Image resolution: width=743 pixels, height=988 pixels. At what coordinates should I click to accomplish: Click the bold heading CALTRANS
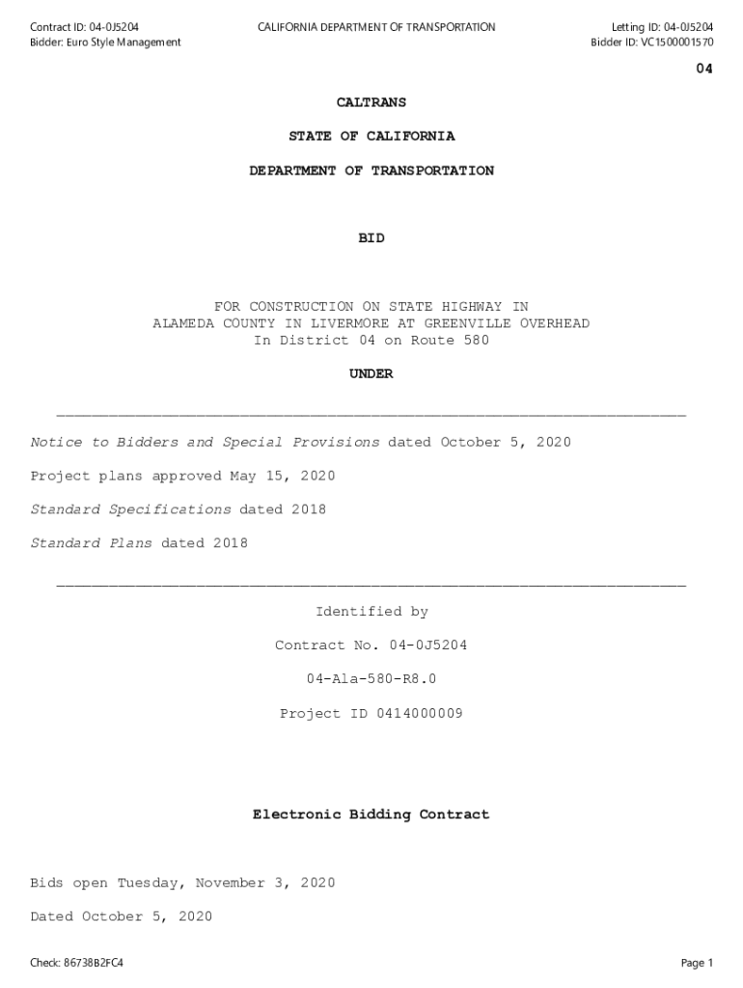point(371,102)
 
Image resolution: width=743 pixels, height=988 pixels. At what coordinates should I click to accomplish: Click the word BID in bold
point(371,238)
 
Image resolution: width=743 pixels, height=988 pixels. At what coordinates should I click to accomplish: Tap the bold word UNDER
point(371,374)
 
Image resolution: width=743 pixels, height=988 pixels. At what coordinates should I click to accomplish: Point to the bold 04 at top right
point(704,69)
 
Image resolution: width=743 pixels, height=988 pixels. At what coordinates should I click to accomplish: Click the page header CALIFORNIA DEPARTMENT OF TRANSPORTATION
point(376,27)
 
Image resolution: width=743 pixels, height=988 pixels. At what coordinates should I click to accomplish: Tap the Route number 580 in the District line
point(476,341)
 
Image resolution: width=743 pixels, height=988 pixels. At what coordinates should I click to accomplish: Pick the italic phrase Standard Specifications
point(130,510)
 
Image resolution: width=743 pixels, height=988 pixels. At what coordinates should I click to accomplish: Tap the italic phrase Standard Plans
point(91,544)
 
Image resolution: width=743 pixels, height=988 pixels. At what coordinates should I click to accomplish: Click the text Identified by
point(371,612)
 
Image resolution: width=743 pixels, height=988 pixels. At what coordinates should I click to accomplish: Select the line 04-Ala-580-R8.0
point(371,679)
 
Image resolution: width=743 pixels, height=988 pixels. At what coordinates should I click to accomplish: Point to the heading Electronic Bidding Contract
point(371,815)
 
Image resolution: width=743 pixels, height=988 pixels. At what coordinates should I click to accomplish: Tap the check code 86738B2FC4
point(93,963)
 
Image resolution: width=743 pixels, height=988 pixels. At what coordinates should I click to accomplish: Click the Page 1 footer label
point(697,963)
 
